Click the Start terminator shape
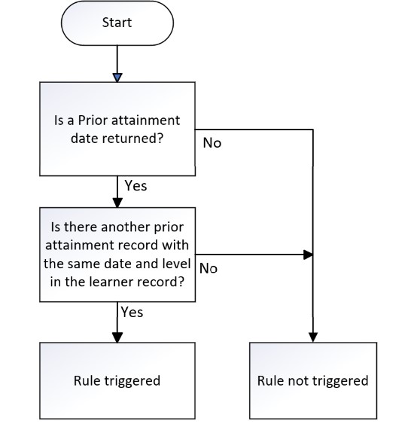click(117, 23)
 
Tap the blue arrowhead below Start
click(117, 78)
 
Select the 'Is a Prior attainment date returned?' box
click(117, 129)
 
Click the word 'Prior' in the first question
click(90, 120)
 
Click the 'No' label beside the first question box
click(212, 143)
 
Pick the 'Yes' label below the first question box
click(135, 186)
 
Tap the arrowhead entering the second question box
click(117, 203)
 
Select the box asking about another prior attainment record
click(117, 255)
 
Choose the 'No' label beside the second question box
click(209, 269)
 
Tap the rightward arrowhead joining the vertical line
click(308, 255)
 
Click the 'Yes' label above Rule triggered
click(132, 312)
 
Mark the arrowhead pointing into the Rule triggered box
click(117, 337)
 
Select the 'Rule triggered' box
click(117, 380)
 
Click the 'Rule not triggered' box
click(313, 380)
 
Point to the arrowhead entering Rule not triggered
click(313, 337)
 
